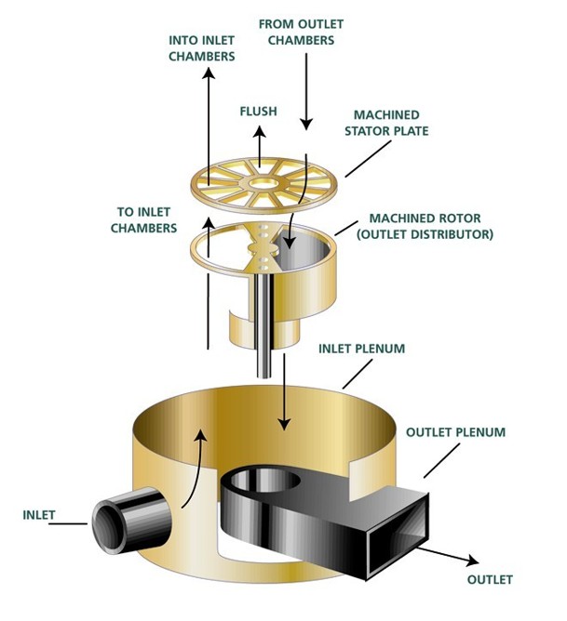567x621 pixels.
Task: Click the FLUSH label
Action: (x=258, y=112)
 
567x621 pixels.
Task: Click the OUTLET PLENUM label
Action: (x=455, y=432)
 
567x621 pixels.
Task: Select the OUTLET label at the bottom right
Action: (x=490, y=579)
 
